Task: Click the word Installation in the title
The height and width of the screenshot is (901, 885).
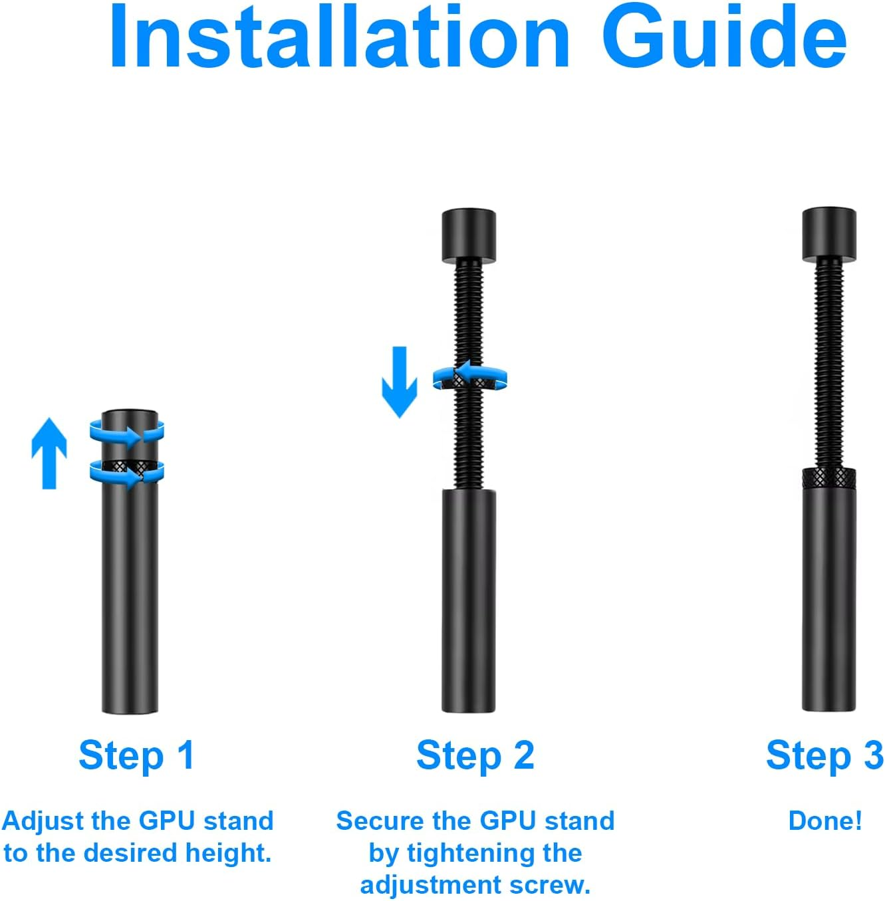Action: tap(339, 38)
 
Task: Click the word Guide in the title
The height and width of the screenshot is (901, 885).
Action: tap(725, 38)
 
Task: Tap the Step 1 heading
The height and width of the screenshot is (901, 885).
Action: tap(136, 755)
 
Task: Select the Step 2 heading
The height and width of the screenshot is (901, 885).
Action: tap(475, 755)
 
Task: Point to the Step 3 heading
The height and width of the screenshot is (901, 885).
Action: tap(824, 755)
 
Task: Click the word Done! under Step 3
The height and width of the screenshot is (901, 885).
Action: tap(824, 821)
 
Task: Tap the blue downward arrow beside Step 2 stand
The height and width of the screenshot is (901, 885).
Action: tap(399, 382)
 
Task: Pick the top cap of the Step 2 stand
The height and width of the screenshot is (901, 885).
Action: tap(469, 236)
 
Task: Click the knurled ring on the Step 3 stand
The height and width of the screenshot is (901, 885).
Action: tap(828, 477)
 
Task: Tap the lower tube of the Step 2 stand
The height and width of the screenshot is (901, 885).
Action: tap(469, 598)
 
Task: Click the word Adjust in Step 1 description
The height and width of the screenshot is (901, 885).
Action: tap(43, 821)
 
